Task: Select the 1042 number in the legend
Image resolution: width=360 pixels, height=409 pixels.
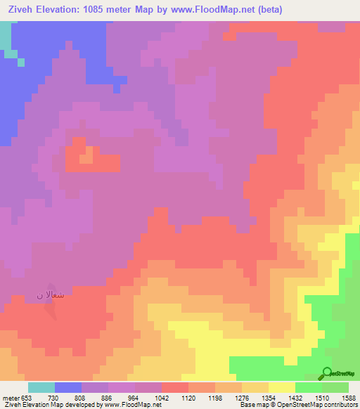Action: pyautogui.click(x=162, y=398)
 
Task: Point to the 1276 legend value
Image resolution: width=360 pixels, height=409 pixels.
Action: pyautogui.click(x=243, y=398)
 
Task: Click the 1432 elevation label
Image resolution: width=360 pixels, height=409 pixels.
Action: pyautogui.click(x=295, y=398)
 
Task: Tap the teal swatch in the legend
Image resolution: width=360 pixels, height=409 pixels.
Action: pyautogui.click(x=41, y=387)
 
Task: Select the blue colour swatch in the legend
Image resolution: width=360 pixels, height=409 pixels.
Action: pyautogui.click(x=68, y=387)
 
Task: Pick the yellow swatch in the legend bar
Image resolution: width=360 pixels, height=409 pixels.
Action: pyautogui.click(x=282, y=387)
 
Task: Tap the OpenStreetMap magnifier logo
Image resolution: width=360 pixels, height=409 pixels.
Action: pyautogui.click(x=327, y=374)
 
